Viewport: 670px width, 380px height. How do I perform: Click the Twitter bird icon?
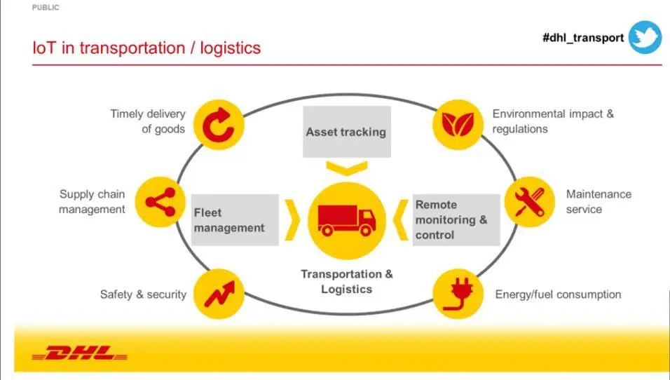pyautogui.click(x=645, y=37)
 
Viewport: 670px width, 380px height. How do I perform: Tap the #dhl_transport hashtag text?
pyautogui.click(x=582, y=38)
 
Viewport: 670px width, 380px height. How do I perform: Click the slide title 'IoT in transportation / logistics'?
pyautogui.click(x=146, y=48)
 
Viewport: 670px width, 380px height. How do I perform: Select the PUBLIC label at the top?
pyautogui.click(x=46, y=8)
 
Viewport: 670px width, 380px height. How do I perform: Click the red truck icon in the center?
pyautogui.click(x=347, y=218)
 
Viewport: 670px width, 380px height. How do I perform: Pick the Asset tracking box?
pyautogui.click(x=346, y=132)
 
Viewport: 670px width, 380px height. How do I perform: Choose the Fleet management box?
pyautogui.click(x=229, y=220)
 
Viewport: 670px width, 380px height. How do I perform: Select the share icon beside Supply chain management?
pyautogui.click(x=160, y=202)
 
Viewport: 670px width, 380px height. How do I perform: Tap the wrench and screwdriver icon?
pyautogui.click(x=530, y=202)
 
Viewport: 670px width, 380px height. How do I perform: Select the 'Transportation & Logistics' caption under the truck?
pyautogui.click(x=347, y=281)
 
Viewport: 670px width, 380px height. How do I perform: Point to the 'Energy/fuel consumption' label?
pyautogui.click(x=558, y=294)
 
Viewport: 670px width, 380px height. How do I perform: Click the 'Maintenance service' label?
pyautogui.click(x=598, y=201)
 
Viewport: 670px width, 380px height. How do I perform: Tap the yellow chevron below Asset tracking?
pyautogui.click(x=346, y=167)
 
